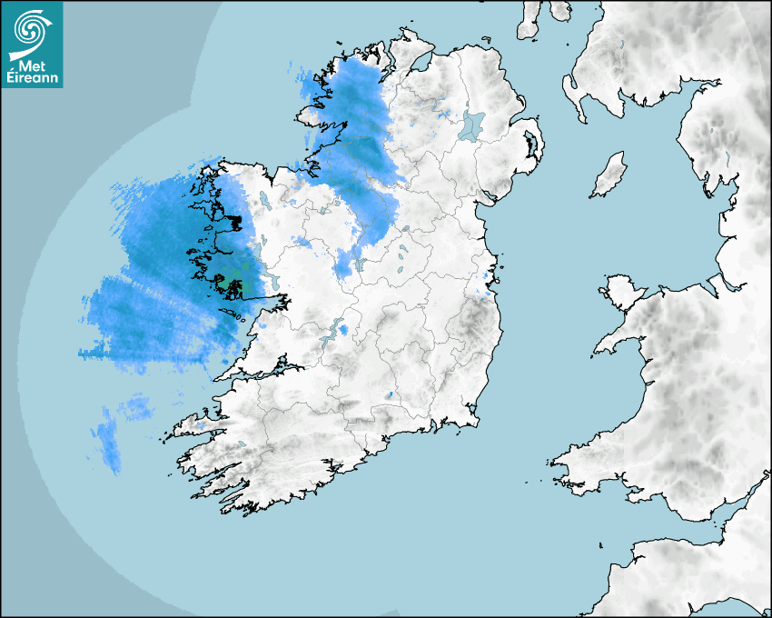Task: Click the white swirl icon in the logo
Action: pos(31,32)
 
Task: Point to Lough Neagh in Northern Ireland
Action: pos(471,125)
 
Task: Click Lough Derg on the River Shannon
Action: pos(338,330)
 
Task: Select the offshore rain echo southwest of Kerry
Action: pos(109,441)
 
